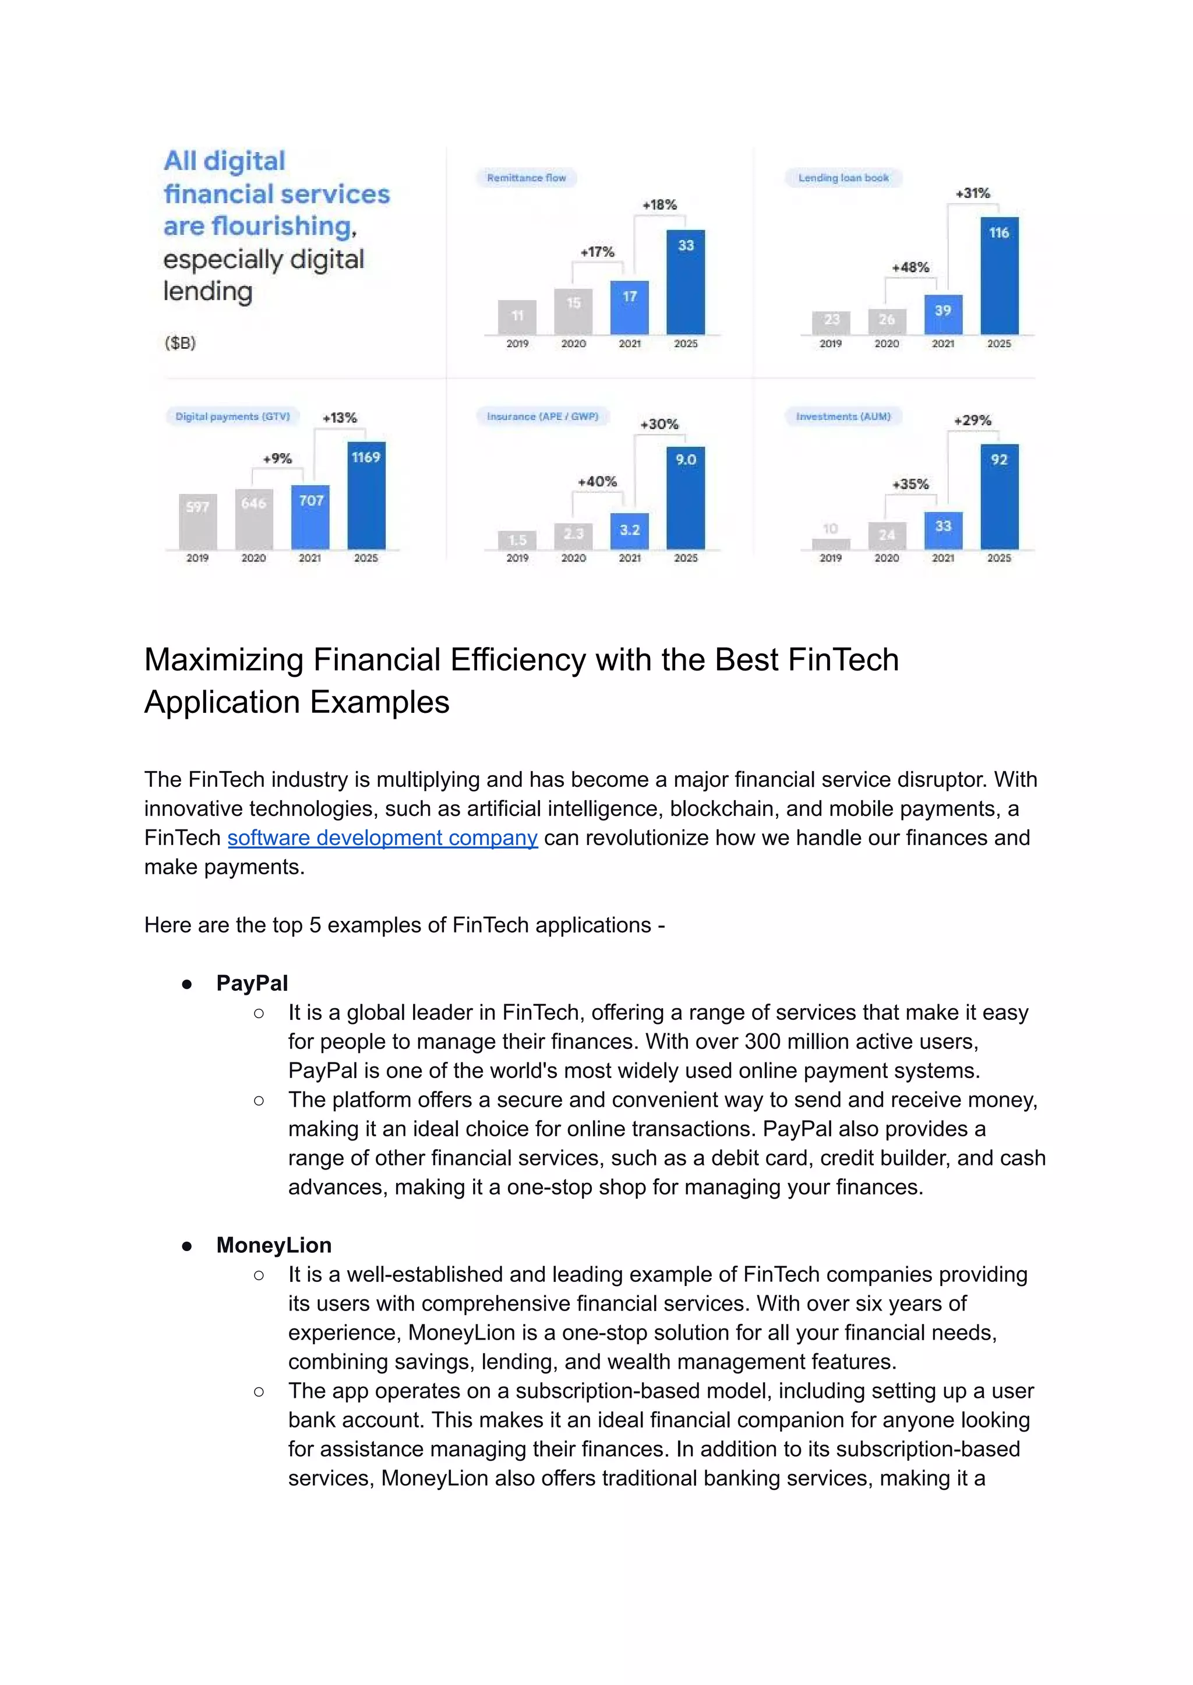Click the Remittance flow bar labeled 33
(686, 283)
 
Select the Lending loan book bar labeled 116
(999, 276)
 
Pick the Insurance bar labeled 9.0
(686, 498)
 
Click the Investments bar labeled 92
(999, 497)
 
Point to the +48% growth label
(910, 267)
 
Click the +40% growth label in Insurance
(596, 482)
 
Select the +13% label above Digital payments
(340, 418)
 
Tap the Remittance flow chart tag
(526, 178)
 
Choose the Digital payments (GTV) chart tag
(232, 416)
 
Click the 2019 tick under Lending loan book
(830, 344)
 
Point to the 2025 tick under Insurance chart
(686, 558)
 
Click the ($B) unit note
(180, 343)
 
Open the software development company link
(382, 838)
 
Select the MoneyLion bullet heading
(273, 1245)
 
